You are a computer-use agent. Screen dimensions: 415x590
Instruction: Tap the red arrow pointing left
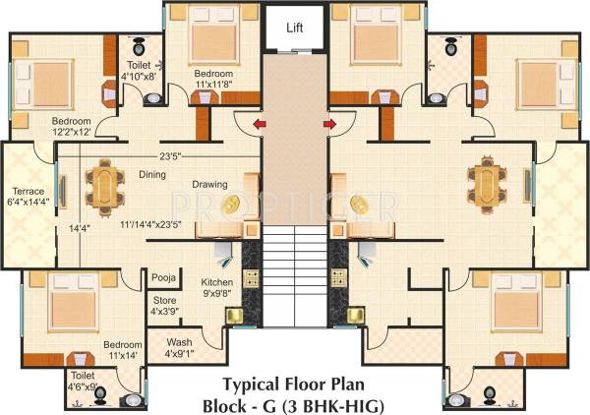[259, 124]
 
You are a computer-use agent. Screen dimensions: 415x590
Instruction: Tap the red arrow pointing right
[331, 124]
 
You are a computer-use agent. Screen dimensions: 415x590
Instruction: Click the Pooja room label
[163, 277]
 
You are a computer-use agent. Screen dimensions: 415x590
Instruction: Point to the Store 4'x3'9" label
[166, 305]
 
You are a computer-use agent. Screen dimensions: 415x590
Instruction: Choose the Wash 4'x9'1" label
[181, 348]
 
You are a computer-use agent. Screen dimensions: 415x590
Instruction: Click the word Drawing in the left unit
[209, 184]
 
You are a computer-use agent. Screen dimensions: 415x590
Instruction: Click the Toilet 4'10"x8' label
[139, 68]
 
